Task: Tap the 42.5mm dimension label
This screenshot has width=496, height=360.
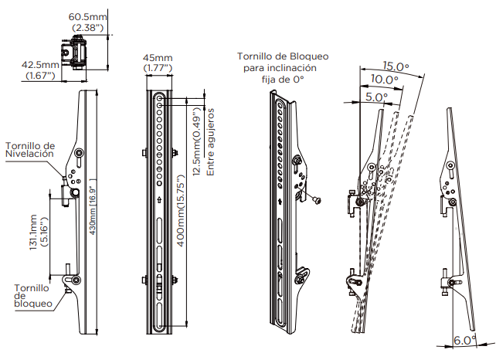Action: coord(39,65)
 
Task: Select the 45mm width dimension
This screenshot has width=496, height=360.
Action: coord(158,58)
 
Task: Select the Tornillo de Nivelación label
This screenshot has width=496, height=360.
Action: coord(29,149)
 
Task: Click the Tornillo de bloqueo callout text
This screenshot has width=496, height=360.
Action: coord(33,295)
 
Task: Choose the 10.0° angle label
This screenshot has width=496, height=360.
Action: coord(384,80)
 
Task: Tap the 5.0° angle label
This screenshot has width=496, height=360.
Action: coord(376,97)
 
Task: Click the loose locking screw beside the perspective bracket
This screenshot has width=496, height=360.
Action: coord(317,199)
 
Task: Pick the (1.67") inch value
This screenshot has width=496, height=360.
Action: coord(39,76)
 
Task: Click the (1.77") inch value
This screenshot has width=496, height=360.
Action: coord(158,69)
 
